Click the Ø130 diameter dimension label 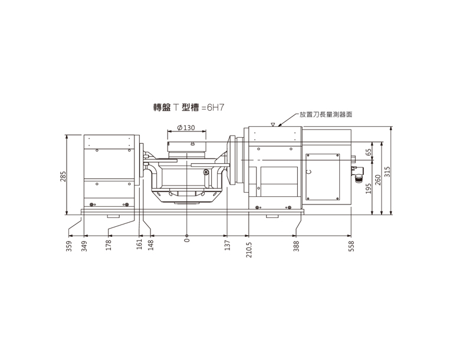tap(186, 128)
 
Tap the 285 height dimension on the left tap(63, 177)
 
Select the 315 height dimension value tap(388, 172)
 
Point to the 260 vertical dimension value tap(378, 180)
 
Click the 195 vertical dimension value tap(368, 189)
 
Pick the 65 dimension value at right tap(368, 152)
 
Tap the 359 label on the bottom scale tap(69, 246)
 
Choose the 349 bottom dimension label tap(84, 246)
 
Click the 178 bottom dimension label tap(109, 245)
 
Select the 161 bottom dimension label tap(140, 245)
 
